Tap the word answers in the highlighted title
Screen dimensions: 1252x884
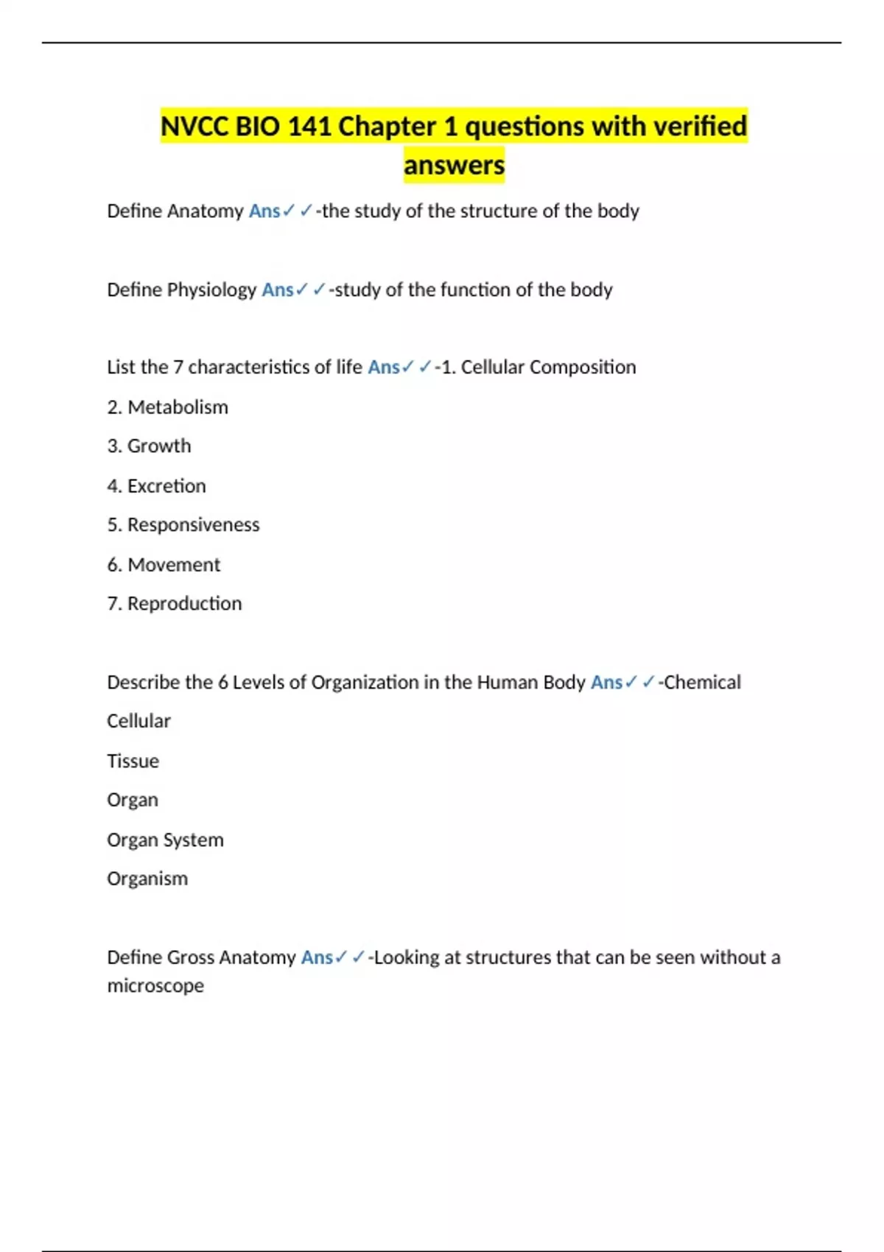(454, 165)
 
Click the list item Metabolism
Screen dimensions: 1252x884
(178, 407)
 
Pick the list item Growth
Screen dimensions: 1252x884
(159, 446)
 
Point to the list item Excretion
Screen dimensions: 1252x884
(166, 486)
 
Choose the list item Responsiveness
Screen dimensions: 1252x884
(193, 525)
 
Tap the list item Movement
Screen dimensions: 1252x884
(174, 565)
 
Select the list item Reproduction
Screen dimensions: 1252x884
(184, 604)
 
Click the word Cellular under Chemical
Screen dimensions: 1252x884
(138, 721)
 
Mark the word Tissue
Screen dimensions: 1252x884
(133, 761)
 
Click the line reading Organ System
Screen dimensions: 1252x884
(165, 840)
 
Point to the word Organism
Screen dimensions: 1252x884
(147, 879)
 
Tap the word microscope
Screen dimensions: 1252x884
(155, 985)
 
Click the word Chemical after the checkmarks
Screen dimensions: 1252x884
(702, 683)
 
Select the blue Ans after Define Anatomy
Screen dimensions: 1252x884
(264, 211)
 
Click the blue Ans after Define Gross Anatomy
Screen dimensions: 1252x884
(317, 957)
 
